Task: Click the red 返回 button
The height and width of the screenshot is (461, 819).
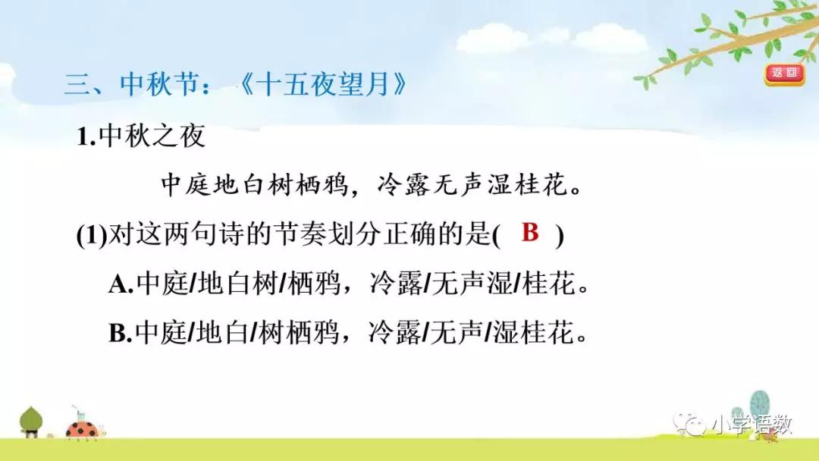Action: pyautogui.click(x=783, y=74)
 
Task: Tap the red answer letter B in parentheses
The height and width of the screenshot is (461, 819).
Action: pyautogui.click(x=530, y=233)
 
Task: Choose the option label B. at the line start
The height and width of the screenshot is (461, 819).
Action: pyautogui.click(x=121, y=333)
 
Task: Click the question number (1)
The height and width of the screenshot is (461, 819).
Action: pyautogui.click(x=93, y=236)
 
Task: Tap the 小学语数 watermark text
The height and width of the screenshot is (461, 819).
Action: pyautogui.click(x=751, y=425)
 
